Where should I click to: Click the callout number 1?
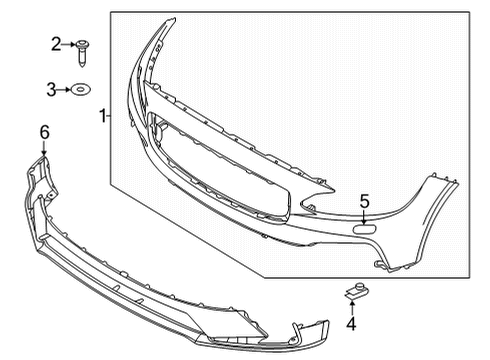101,118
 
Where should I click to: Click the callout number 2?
56,43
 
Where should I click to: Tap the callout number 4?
352,323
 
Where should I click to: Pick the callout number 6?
43,131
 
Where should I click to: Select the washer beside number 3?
81,90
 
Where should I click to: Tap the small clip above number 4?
351,291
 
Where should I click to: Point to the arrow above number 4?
352,306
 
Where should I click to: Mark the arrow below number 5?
364,214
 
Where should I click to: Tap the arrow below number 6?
43,146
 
